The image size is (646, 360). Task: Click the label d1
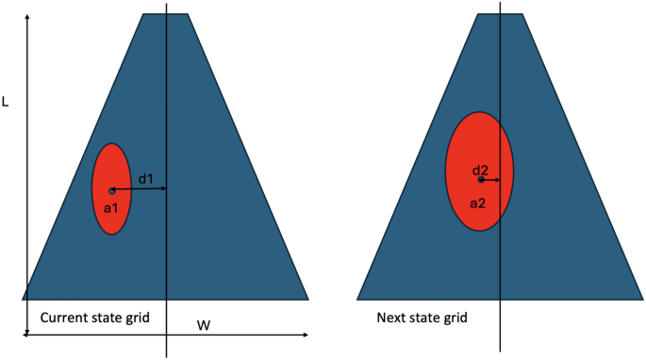click(145, 178)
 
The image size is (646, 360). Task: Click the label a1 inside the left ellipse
click(110, 206)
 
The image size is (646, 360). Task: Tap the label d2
click(480, 170)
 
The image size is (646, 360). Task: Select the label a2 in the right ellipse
click(477, 202)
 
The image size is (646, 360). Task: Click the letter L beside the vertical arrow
click(6, 101)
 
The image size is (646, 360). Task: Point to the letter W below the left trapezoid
click(203, 325)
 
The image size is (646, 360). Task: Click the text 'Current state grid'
click(94, 316)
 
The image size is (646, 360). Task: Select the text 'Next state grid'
click(422, 318)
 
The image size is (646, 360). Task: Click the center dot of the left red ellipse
click(111, 190)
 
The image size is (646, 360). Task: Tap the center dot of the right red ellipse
click(481, 179)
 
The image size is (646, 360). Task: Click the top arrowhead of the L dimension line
click(27, 17)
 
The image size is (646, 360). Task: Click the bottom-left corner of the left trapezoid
click(23, 299)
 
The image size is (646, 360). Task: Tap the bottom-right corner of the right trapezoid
click(642, 299)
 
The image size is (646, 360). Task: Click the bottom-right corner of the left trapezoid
click(308, 299)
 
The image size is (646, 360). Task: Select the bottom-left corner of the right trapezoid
click(357, 299)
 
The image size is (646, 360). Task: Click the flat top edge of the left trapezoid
click(165, 14)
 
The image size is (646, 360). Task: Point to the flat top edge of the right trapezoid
click(500, 14)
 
